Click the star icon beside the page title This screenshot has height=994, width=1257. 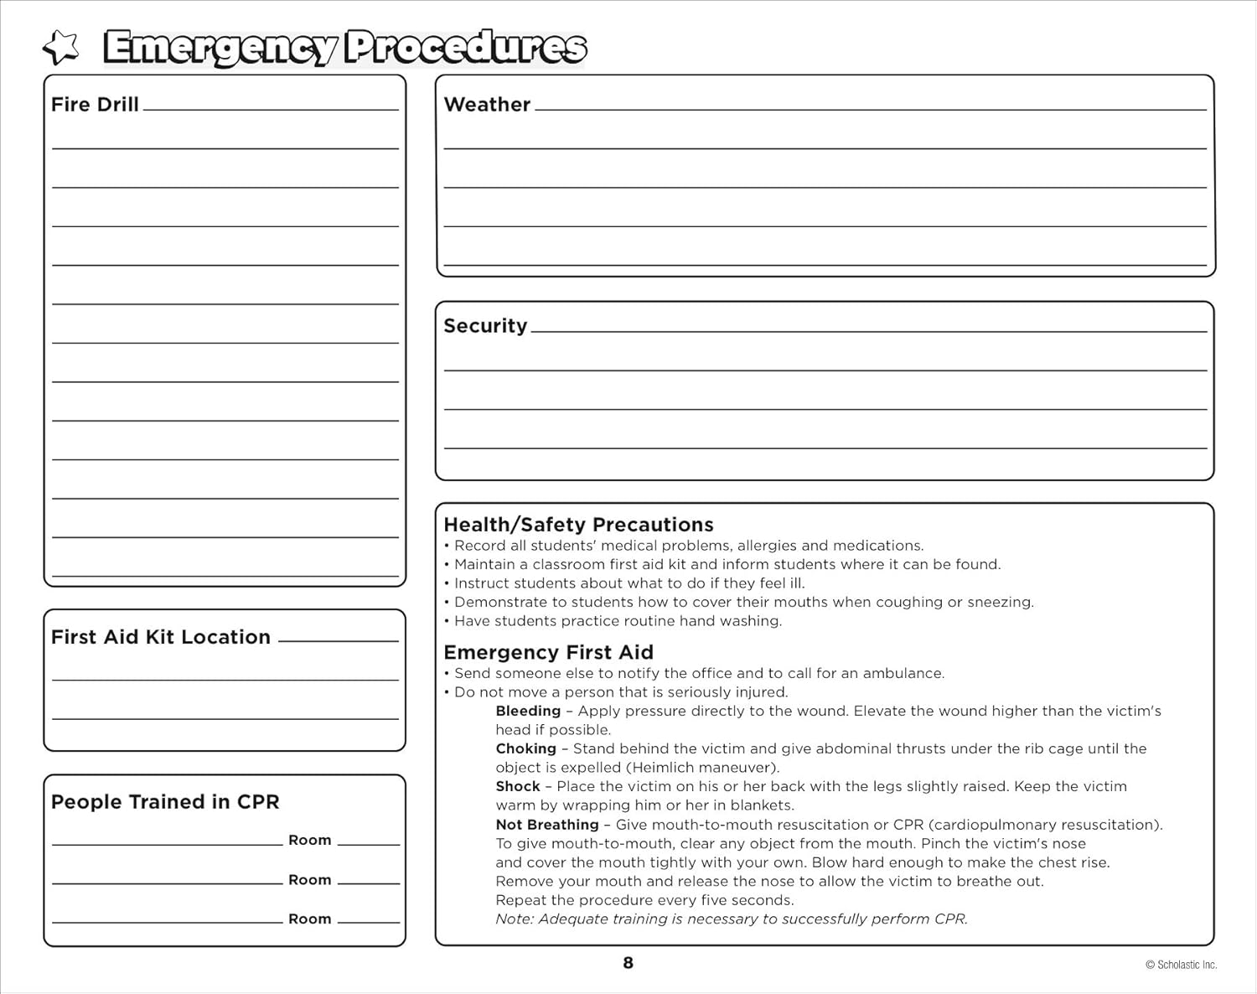pos(60,48)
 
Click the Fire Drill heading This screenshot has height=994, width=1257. pos(95,105)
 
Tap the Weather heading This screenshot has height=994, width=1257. pos(487,105)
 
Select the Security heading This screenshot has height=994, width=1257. pos(485,326)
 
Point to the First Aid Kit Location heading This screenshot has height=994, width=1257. pos(161,637)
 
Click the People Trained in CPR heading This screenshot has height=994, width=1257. pos(165,802)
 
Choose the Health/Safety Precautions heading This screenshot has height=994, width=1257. pos(578,525)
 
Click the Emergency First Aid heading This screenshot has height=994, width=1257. pos(548,652)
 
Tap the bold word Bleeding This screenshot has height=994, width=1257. pos(528,711)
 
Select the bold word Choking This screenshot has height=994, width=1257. pos(525,748)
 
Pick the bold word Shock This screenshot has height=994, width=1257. pos(518,786)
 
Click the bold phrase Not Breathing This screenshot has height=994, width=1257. pos(547,825)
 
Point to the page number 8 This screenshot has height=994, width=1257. pos(628,963)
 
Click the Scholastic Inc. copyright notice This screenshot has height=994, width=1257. pos(1181,966)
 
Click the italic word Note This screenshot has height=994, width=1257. pos(514,919)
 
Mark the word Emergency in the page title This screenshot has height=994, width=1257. pos(220,48)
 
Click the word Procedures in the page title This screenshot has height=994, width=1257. pos(466,48)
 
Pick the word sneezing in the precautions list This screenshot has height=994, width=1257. pos(1000,603)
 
